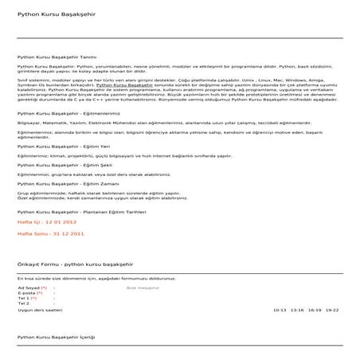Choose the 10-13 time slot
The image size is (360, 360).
[279, 309]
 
